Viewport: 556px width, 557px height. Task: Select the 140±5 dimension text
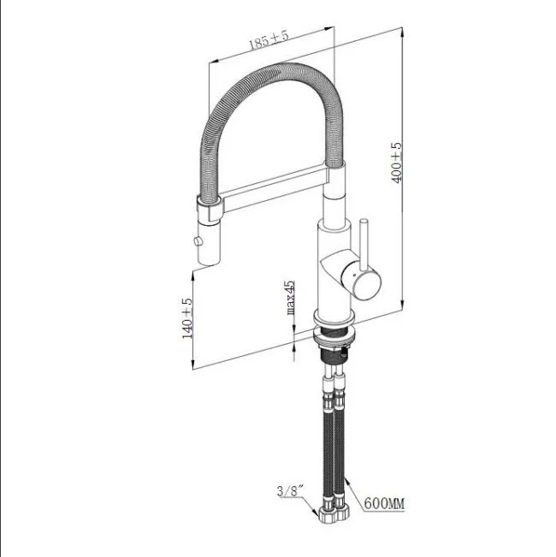click(x=187, y=317)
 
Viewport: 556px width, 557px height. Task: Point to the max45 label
click(x=290, y=299)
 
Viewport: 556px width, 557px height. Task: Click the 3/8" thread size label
click(x=290, y=491)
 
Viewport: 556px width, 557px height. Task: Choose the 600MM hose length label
click(x=383, y=504)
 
